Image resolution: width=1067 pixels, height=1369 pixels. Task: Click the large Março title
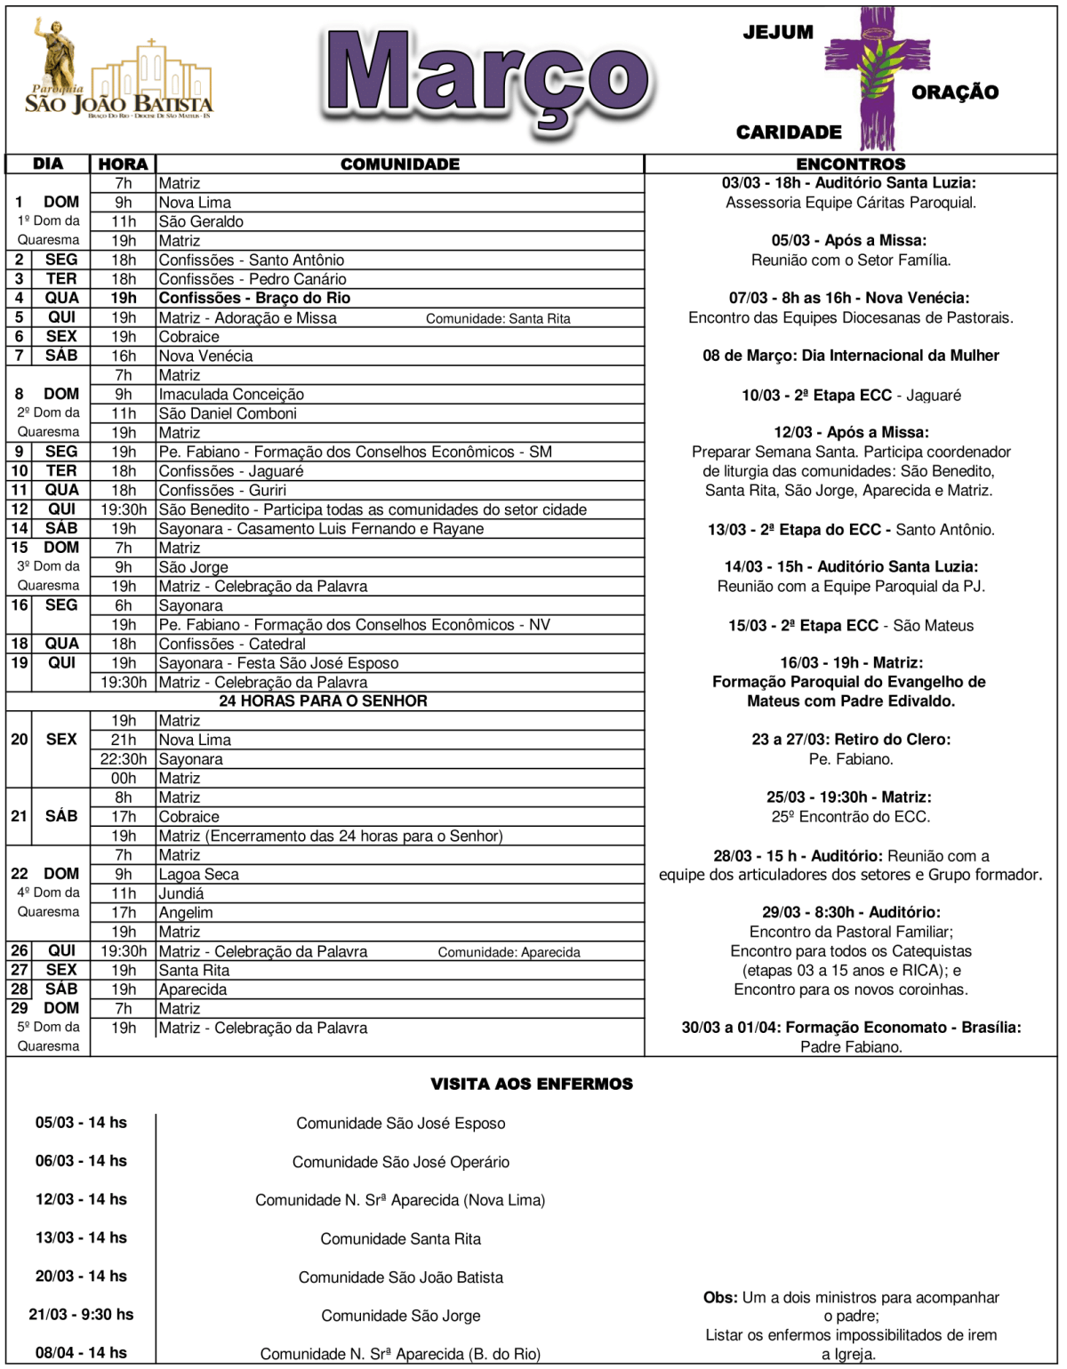(x=487, y=78)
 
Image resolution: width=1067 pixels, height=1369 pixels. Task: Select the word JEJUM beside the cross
(x=778, y=33)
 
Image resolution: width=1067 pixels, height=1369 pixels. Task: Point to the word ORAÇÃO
(x=955, y=92)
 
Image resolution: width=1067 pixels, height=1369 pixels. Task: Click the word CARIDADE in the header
(x=789, y=132)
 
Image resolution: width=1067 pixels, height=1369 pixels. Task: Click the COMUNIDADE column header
(x=400, y=164)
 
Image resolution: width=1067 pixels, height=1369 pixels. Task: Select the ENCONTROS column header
(x=851, y=164)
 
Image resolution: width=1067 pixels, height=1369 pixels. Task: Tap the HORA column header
(x=123, y=164)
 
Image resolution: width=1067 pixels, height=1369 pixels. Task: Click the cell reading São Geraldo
(x=201, y=221)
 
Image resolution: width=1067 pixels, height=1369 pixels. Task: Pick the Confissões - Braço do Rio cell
(x=254, y=298)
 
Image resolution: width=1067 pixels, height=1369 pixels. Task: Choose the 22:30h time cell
(x=124, y=759)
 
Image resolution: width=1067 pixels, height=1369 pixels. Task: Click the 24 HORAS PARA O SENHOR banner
(x=324, y=701)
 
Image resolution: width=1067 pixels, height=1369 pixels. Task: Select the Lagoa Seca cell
(x=199, y=874)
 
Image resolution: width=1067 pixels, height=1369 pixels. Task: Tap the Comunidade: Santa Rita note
(x=498, y=318)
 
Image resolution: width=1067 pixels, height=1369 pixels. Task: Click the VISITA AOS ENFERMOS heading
(x=532, y=1084)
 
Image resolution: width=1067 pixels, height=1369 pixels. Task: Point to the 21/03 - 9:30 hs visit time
(x=81, y=1314)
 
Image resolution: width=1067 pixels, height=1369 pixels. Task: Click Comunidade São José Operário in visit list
(x=401, y=1162)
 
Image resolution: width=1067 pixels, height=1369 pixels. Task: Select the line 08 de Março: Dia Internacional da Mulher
(x=851, y=356)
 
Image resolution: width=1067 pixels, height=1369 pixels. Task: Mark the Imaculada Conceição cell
(x=231, y=394)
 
